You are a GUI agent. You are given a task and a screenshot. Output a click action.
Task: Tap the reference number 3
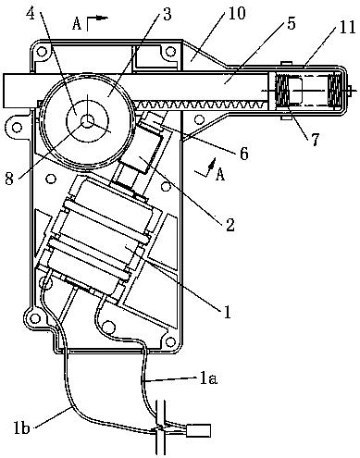pyautogui.click(x=167, y=14)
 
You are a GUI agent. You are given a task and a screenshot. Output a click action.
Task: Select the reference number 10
pyautogui.click(x=235, y=13)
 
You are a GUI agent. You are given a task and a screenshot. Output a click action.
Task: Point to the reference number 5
pyautogui.click(x=291, y=22)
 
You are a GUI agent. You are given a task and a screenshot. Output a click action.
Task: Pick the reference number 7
pyautogui.click(x=314, y=139)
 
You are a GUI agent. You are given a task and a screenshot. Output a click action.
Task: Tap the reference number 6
pyautogui.click(x=243, y=154)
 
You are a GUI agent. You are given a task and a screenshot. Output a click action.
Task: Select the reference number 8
pyautogui.click(x=9, y=178)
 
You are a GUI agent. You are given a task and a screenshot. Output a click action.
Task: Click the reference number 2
pyautogui.click(x=230, y=225)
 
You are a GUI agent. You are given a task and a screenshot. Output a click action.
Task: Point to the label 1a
pyautogui.click(x=208, y=378)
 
